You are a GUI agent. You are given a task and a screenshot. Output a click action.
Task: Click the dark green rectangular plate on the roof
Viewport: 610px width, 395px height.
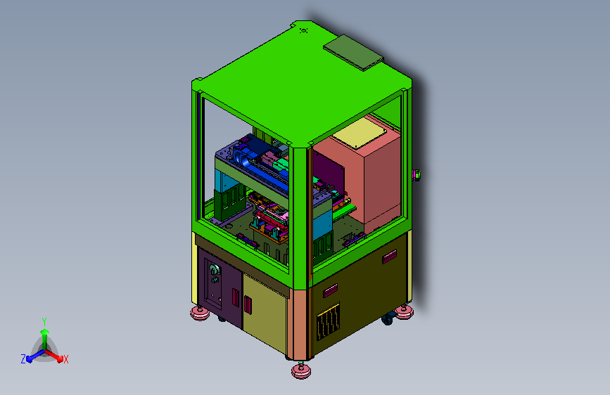coord(353,53)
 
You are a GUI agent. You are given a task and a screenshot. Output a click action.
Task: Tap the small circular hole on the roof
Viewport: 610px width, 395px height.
coord(304,30)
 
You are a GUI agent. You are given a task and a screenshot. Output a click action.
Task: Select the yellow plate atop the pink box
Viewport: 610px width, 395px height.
coord(360,134)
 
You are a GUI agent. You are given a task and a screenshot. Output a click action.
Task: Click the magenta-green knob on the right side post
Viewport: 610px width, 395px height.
coord(417,175)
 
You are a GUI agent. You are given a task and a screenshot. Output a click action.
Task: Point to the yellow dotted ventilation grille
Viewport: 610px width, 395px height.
coord(328,321)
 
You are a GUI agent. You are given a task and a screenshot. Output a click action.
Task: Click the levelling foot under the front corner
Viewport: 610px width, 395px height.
coord(301,370)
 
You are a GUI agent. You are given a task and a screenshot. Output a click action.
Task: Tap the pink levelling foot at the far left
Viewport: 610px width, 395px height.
coord(200,313)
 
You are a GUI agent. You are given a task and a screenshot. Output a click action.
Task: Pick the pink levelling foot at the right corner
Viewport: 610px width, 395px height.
coord(404,311)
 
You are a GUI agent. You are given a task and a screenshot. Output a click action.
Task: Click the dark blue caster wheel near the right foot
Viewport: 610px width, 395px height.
coord(388,319)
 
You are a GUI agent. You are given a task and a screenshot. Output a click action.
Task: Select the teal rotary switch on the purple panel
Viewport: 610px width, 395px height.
coord(214,269)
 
